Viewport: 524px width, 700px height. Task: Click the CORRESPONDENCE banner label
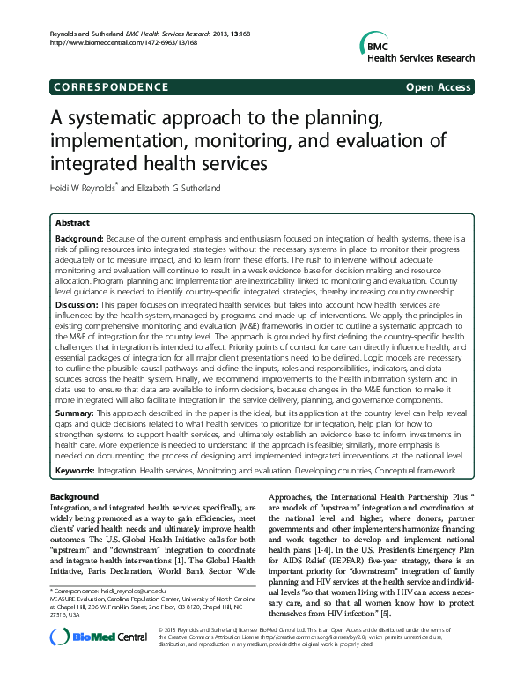[x=109, y=86]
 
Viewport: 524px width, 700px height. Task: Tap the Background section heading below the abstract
[x=75, y=497]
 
